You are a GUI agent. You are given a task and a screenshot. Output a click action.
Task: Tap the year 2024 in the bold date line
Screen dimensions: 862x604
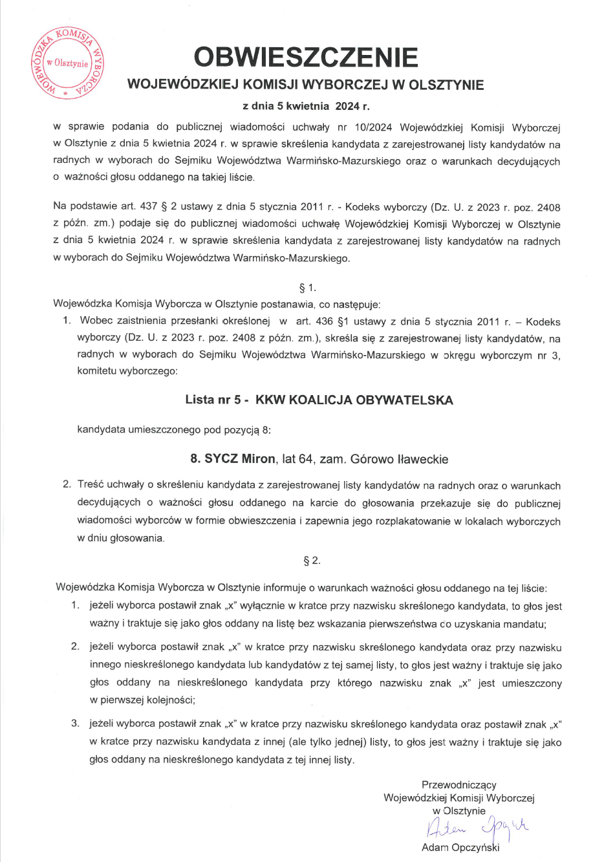(347, 106)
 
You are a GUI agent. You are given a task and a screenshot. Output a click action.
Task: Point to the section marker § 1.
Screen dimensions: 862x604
(308, 288)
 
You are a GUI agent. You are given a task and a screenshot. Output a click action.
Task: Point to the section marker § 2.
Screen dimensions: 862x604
(312, 561)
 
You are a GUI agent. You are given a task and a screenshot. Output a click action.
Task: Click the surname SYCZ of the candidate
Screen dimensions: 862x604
(221, 459)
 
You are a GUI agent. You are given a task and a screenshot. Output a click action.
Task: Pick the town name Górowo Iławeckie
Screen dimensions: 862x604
(399, 459)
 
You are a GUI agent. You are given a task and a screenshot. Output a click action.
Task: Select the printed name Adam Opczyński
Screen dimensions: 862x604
(460, 847)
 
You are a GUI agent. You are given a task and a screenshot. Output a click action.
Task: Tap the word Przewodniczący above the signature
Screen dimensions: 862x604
(458, 784)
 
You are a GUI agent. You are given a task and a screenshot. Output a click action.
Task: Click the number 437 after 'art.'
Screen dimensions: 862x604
(149, 207)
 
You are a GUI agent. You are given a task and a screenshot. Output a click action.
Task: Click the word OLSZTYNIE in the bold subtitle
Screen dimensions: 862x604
(446, 85)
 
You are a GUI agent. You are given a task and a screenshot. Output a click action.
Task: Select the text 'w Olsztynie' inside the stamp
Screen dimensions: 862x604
(67, 63)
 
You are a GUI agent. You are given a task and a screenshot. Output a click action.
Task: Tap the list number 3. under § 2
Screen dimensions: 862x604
(75, 724)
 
